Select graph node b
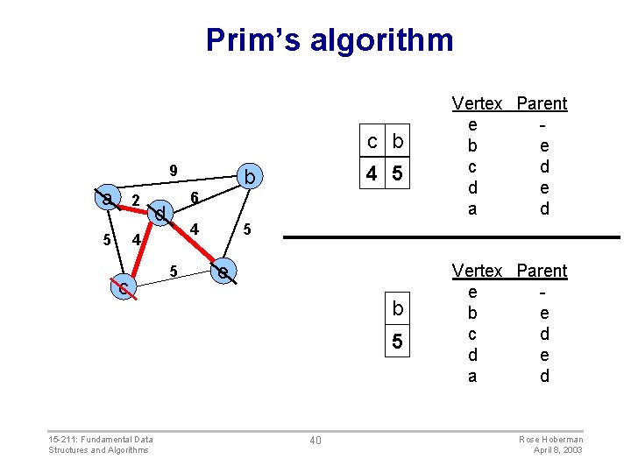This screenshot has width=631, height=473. click(x=249, y=179)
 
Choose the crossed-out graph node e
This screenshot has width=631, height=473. click(x=224, y=273)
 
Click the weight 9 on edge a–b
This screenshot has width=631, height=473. click(x=174, y=171)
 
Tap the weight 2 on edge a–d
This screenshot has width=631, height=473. click(x=135, y=201)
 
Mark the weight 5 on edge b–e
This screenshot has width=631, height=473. click(x=248, y=230)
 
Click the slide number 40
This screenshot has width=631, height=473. click(x=315, y=440)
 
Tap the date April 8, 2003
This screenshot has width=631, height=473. click(x=558, y=450)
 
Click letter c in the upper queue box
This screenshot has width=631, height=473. click(x=372, y=142)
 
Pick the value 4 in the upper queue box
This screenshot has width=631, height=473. click(x=372, y=174)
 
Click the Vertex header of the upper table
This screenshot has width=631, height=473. click(x=477, y=103)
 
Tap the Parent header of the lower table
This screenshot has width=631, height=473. click(x=542, y=271)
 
